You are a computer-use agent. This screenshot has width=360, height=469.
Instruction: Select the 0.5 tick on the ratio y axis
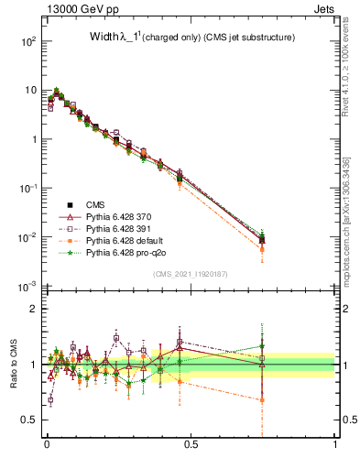tap(29, 420)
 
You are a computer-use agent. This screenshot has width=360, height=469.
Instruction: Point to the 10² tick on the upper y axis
tap(27, 42)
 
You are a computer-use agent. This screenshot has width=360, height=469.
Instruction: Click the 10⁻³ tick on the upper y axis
tap(27, 286)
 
